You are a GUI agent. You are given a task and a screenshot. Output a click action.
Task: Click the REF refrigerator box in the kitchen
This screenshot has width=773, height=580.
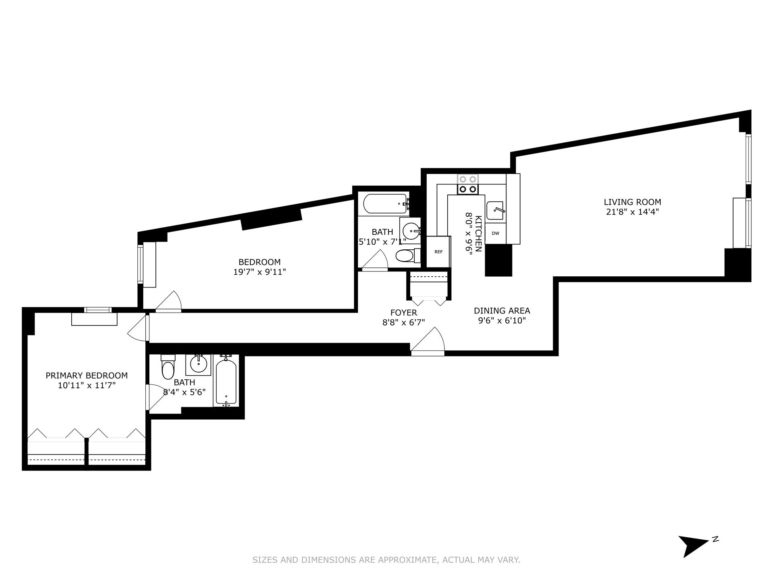coord(438,252)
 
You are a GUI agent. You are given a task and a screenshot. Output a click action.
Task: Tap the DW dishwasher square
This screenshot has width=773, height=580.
coord(495,233)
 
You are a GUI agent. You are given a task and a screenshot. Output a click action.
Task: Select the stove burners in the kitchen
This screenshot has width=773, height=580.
coord(468,184)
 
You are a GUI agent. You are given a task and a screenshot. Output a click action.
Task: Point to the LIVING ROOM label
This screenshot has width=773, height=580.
coord(632,202)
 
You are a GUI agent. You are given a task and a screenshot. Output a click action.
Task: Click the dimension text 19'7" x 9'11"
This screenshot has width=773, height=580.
coord(259,272)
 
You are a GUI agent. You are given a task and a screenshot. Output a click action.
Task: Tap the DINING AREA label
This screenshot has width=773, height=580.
coord(502,311)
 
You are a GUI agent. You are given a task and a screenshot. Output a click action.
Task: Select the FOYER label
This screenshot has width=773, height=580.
coord(403,313)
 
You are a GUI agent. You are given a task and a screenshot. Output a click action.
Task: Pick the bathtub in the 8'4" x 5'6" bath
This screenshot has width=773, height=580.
coord(226,381)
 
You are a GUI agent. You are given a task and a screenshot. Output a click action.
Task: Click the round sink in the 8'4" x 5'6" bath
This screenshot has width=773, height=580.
coord(198,365)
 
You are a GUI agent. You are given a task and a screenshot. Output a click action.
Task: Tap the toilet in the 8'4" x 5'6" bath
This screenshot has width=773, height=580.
coord(167,368)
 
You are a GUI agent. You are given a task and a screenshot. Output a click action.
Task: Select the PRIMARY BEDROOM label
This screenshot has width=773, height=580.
coord(87,375)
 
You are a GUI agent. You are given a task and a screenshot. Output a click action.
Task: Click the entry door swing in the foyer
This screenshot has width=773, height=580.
coord(428,342)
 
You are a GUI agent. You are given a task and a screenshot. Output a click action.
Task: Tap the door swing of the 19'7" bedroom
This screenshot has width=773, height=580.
coord(169,302)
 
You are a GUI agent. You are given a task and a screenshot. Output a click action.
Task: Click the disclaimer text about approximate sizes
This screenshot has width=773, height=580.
coord(386,560)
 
